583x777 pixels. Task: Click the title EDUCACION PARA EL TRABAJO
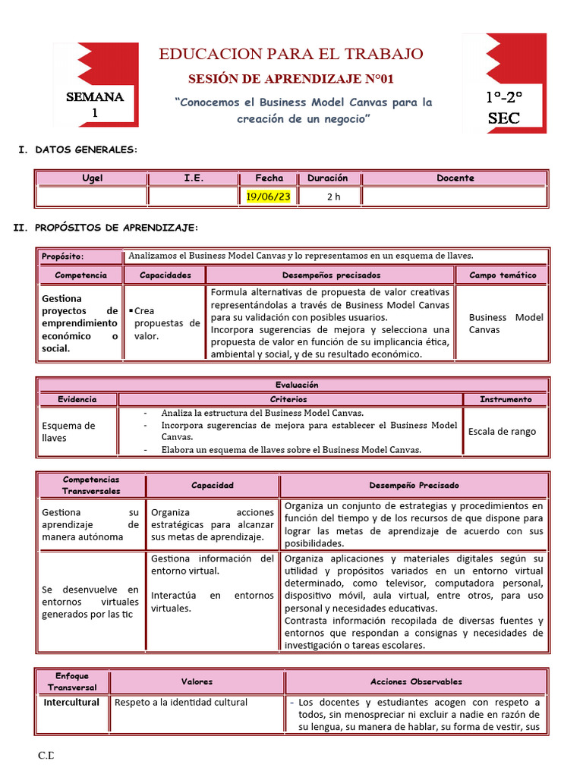(291, 54)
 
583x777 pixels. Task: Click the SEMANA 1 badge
(95, 105)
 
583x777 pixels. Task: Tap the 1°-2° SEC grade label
(504, 108)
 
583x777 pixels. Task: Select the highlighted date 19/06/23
(269, 197)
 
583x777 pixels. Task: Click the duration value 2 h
(334, 197)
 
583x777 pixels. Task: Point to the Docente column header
(455, 178)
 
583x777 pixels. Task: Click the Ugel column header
(92, 178)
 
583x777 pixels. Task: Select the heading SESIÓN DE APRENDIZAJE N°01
(291, 79)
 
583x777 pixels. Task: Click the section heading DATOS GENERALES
(86, 150)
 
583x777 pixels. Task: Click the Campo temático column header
(502, 275)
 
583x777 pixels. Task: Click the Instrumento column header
(505, 399)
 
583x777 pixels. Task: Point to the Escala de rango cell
(502, 431)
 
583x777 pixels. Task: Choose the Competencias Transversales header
(91, 486)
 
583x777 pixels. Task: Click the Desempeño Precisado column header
(414, 486)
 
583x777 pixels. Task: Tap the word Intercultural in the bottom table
(71, 703)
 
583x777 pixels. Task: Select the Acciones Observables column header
(416, 682)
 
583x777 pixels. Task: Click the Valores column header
(197, 682)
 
